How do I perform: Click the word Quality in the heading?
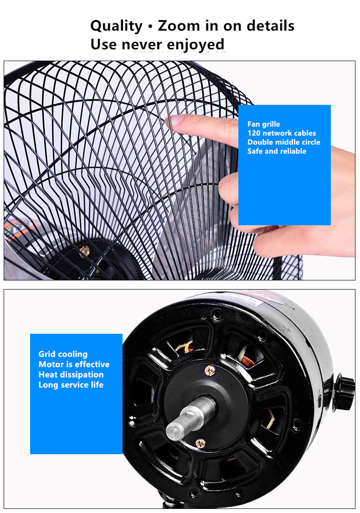click(116, 26)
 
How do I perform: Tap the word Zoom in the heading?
click(179, 26)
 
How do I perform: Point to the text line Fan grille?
click(263, 124)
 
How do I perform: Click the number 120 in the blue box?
click(254, 133)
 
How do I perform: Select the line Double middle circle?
click(283, 142)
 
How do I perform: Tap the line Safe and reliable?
click(277, 151)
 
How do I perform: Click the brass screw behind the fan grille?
click(84, 251)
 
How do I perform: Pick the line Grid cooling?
click(63, 354)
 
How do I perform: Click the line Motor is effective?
click(74, 364)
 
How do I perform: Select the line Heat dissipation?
click(71, 375)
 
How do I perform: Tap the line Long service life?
click(71, 385)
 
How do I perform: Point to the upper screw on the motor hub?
click(210, 370)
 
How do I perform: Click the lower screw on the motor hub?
click(200, 443)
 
